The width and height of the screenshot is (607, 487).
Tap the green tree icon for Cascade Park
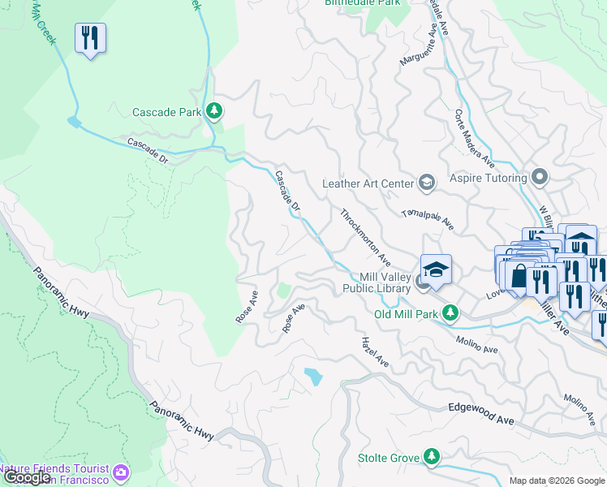(214, 110)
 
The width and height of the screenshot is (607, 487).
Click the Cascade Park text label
(167, 111)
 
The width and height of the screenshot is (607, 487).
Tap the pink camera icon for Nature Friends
(121, 472)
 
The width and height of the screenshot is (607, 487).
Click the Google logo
(27, 477)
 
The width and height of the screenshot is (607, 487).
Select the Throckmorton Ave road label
(365, 238)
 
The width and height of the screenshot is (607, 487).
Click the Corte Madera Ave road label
(475, 138)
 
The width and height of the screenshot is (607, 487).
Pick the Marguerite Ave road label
(424, 50)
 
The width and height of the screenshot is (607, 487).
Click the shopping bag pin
(518, 276)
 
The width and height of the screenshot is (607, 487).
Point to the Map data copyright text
(557, 481)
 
